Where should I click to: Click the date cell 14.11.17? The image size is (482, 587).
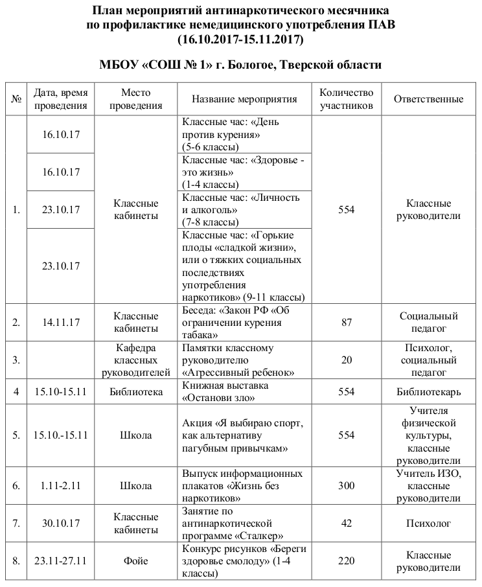(60, 322)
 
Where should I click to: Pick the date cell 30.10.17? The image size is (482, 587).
(60, 523)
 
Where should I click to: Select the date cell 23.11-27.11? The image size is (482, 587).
(60, 560)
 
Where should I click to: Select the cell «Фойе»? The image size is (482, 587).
(136, 560)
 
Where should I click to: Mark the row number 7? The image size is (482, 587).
(16, 523)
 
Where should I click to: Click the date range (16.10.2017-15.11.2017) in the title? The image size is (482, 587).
(240, 39)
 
